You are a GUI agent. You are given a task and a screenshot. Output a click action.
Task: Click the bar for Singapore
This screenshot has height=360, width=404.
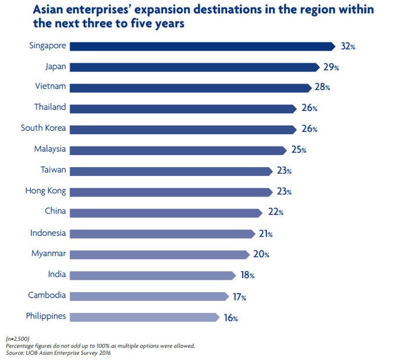click(x=202, y=46)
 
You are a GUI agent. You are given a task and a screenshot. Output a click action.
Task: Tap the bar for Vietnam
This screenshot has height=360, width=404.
click(x=191, y=88)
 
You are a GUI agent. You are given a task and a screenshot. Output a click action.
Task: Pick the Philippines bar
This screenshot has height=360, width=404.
click(x=145, y=317)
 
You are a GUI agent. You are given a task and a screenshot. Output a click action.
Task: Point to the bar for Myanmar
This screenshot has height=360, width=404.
click(x=160, y=254)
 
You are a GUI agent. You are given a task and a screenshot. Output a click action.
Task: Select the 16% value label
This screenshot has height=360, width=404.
click(x=231, y=318)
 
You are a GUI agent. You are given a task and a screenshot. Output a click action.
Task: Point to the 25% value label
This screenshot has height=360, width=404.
click(x=299, y=150)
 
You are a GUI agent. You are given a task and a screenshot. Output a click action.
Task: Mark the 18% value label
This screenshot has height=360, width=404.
click(x=247, y=275)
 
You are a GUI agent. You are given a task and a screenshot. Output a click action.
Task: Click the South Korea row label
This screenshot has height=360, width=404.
click(x=43, y=128)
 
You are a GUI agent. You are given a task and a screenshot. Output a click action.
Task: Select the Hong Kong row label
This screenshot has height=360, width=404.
click(x=45, y=191)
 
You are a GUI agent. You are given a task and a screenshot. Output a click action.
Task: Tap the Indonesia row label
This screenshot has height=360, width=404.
click(x=48, y=233)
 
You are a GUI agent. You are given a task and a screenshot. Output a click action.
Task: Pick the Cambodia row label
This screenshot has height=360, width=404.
click(x=48, y=295)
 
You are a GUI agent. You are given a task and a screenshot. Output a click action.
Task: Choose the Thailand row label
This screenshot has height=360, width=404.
click(x=50, y=107)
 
